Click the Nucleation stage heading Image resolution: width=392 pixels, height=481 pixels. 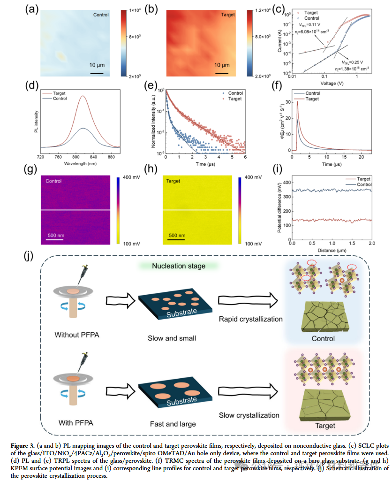[179, 267]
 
